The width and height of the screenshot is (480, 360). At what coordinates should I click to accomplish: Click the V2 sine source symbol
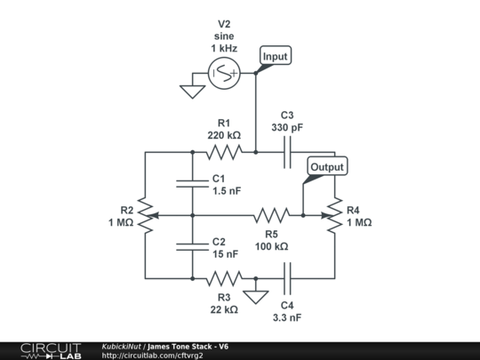tap(223, 76)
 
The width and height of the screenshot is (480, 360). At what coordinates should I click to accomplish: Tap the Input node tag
tap(276, 56)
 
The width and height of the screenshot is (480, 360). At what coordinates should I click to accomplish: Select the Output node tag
tap(326, 166)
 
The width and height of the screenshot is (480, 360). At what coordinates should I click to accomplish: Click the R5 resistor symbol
tap(271, 215)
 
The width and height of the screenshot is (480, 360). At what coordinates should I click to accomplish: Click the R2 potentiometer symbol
tap(146, 215)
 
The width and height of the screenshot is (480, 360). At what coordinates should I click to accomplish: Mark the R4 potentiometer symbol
tap(334, 215)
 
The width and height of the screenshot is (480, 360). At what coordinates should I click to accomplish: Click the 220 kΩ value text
tap(224, 135)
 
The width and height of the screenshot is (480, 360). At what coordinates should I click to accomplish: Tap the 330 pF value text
tap(287, 128)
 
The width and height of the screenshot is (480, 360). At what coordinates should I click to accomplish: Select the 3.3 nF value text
tap(287, 316)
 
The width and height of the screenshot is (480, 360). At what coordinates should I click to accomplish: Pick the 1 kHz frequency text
tap(224, 47)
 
